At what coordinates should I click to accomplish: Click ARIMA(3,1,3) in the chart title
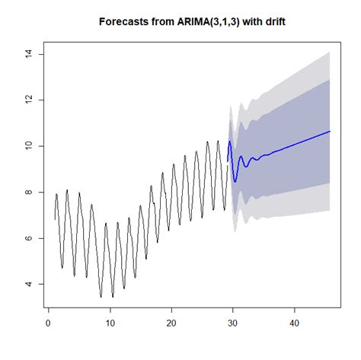pyautogui.click(x=204, y=21)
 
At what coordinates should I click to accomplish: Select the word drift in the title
pyautogui.click(x=273, y=21)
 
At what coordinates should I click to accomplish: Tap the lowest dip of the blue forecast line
pyautogui.click(x=235, y=182)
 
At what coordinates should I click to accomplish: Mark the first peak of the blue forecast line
pyautogui.click(x=230, y=141)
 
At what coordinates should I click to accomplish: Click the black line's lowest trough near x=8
pyautogui.click(x=101, y=297)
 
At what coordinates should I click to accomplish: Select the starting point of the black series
pyautogui.click(x=55, y=219)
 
